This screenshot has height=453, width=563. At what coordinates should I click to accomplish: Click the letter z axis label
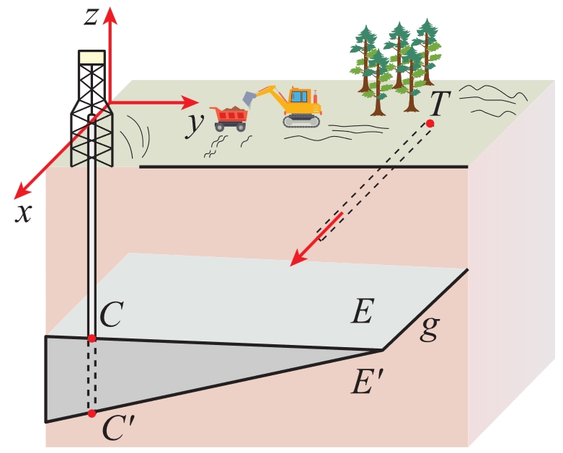point(91,17)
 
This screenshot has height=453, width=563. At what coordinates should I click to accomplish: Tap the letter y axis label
point(194,124)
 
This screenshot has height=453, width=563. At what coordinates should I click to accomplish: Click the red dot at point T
point(430,124)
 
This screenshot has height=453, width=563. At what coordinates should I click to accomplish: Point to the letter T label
point(440,103)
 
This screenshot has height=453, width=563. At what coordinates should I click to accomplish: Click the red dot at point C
point(92,338)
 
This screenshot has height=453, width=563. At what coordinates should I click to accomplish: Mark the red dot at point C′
point(92,413)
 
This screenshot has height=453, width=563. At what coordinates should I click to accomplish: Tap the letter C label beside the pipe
point(112,315)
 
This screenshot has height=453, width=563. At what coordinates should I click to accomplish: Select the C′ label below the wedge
point(117,428)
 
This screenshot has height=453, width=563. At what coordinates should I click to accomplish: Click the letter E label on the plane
point(363,310)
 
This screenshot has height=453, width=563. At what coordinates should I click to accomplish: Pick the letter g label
point(430,329)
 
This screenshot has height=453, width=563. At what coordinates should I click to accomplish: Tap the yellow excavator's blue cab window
point(298,97)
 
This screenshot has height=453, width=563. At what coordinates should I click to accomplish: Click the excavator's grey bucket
point(249,98)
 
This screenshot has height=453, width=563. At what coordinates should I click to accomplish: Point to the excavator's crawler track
point(301,122)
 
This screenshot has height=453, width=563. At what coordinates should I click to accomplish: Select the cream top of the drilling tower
point(92,58)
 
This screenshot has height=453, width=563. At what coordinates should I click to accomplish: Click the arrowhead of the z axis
point(110,15)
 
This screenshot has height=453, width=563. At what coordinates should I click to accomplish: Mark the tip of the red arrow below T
point(290,266)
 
